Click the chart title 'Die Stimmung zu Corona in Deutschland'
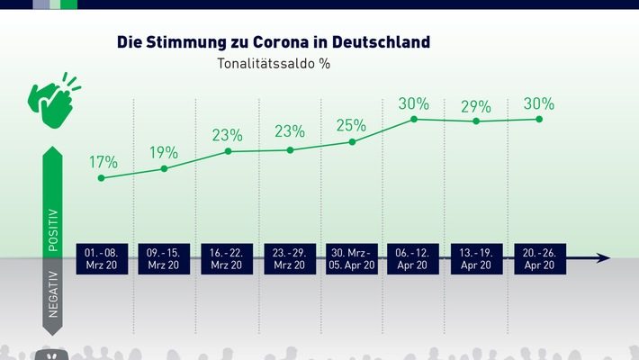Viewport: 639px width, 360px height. tap(273, 42)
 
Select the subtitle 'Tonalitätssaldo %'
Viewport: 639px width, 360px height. tap(273, 64)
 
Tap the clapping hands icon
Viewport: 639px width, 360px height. tap(54, 95)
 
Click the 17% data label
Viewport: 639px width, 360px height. tap(103, 163)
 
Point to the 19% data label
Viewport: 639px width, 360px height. tap(164, 152)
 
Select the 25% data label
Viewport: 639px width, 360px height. tap(352, 125)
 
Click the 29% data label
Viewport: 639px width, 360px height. tap(477, 105)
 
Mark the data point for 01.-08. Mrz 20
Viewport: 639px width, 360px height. tap(101, 178)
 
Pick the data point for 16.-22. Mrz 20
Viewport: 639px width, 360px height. tap(228, 151)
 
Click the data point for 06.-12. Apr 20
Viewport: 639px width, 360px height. tap(414, 119)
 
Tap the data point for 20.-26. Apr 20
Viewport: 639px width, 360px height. tap(539, 119)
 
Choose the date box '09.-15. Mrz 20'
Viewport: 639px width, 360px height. tap(164, 258)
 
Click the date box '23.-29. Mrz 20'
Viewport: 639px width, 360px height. tap(289, 258)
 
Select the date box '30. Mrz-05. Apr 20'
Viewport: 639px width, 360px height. tap(352, 258)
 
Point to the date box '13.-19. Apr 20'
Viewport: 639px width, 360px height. tap(477, 258)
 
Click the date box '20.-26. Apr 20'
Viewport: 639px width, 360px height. tap(539, 258)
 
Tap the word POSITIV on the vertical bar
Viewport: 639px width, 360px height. tap(53, 229)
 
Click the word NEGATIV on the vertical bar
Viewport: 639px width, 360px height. tap(53, 294)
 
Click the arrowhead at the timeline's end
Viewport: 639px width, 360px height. tap(604, 258)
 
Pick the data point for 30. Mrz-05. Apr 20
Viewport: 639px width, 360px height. tap(352, 142)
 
